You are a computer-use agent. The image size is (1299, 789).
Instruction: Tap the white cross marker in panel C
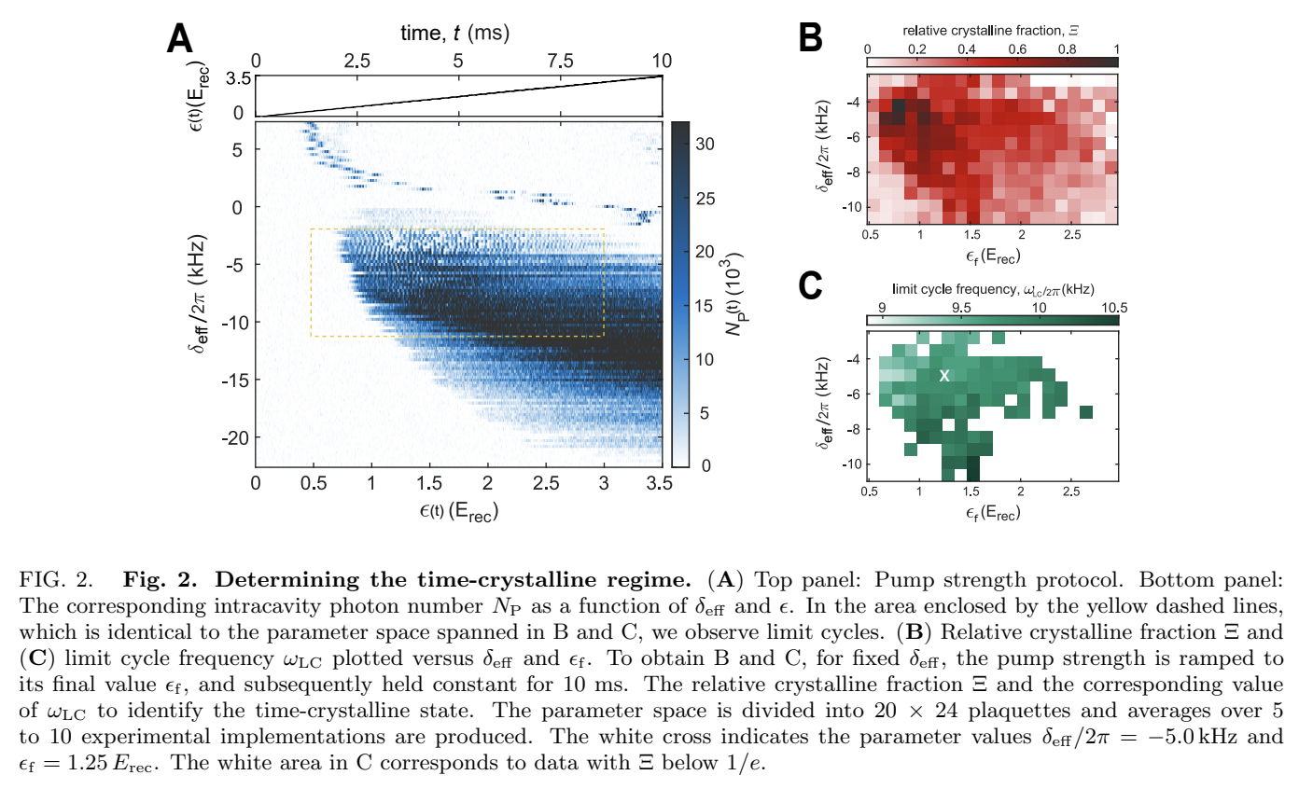click(x=944, y=376)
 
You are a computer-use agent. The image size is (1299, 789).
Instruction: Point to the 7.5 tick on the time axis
click(x=561, y=61)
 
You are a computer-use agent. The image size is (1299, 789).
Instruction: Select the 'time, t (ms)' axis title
click(x=457, y=33)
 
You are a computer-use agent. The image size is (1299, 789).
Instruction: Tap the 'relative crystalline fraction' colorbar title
click(x=992, y=29)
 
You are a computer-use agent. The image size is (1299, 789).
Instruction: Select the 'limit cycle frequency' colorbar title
click(x=992, y=289)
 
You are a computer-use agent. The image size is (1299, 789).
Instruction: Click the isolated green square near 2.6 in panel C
click(x=1085, y=411)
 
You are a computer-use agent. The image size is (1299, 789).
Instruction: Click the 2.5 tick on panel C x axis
click(x=1073, y=491)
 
